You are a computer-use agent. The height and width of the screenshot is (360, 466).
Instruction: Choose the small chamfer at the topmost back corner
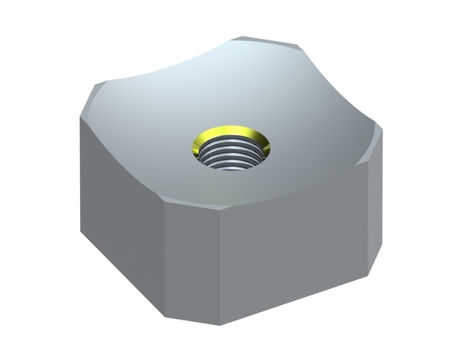pyautogui.click(x=268, y=40)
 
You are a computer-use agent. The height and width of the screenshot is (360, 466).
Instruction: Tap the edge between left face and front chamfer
pyautogui.click(x=168, y=256)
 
